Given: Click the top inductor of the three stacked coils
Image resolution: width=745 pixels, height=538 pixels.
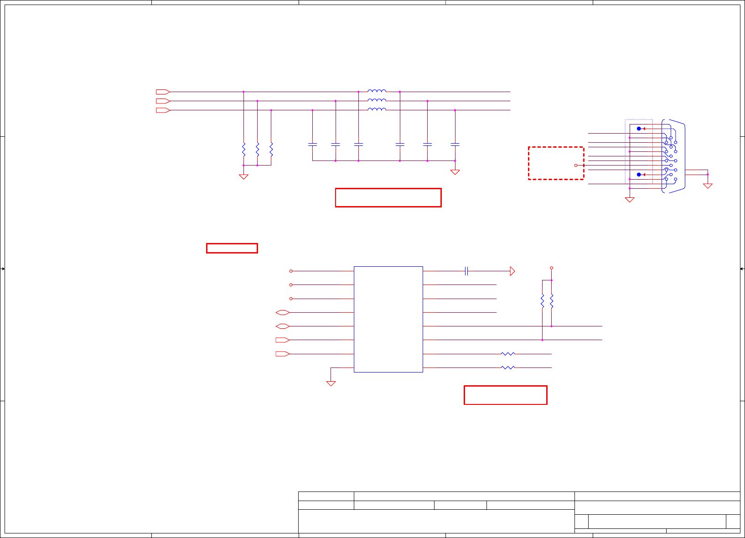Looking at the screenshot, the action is point(377,91).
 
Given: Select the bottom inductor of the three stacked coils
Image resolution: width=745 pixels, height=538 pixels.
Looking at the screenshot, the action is point(377,109).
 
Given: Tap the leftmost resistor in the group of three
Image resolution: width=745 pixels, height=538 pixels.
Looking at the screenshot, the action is point(243,149).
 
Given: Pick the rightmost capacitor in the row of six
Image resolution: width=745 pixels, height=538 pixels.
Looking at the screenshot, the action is point(455,145).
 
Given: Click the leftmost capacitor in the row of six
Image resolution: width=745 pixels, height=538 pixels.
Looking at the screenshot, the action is point(312,145).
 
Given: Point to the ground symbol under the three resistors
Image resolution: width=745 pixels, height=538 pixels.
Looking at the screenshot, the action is point(243,176).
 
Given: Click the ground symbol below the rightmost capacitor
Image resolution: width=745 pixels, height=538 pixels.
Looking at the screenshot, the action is point(455,172).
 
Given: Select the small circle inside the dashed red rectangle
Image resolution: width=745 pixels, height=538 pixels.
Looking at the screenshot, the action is point(576,166).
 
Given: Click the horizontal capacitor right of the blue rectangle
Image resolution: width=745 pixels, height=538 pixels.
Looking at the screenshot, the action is point(466,271).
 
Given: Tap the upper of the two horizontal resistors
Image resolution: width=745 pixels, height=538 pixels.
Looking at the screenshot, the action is point(507,354).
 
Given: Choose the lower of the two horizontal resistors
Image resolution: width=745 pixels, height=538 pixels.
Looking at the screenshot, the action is point(507,367).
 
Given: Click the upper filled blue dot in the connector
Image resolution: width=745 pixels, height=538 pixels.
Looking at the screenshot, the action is point(639,129).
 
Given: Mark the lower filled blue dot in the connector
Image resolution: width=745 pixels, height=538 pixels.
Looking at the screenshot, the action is point(639,175).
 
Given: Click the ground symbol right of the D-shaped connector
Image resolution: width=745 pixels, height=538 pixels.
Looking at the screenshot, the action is point(708,186).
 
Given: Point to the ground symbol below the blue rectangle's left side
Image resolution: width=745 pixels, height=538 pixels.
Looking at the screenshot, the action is point(331,383).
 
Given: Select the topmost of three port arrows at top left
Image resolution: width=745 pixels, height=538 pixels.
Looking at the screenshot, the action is point(163,92).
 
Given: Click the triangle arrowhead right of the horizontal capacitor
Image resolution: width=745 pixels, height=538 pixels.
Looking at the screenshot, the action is point(512,271).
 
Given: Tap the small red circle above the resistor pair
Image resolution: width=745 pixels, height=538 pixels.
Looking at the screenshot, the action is point(552,268).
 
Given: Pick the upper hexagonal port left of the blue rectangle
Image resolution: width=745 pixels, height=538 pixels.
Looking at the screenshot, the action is point(283,312).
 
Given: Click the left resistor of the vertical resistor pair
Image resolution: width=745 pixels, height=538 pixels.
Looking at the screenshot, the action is point(543,301).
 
